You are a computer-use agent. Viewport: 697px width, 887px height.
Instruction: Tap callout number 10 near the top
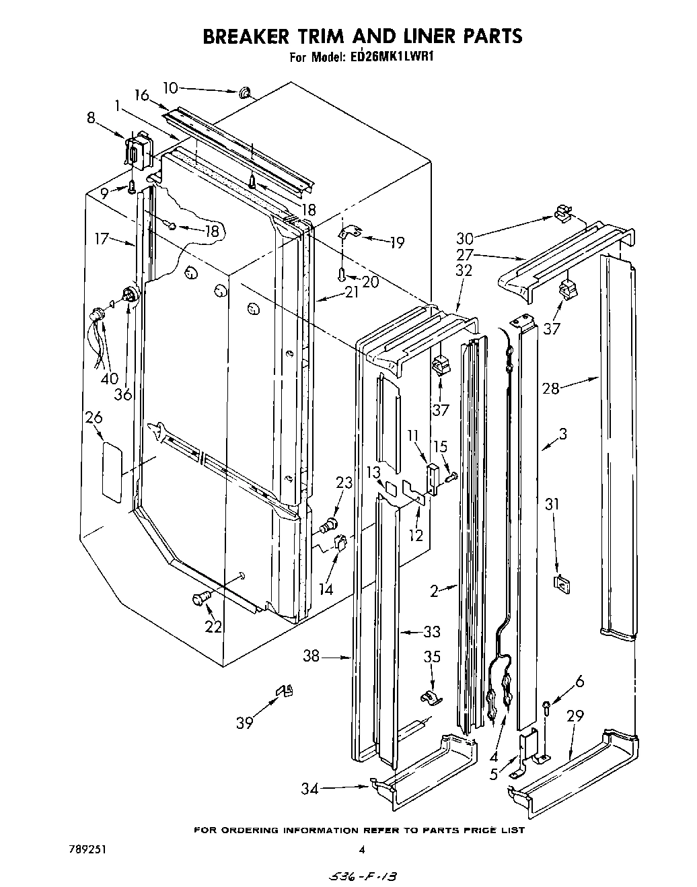tap(171, 87)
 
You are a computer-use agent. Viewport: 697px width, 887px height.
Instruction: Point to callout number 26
tap(94, 418)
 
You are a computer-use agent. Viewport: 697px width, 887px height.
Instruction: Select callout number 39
tap(244, 723)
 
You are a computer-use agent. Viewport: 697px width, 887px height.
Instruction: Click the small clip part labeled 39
tap(286, 690)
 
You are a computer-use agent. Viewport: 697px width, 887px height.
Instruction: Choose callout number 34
tap(309, 788)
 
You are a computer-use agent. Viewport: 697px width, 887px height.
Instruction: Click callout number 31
tap(552, 503)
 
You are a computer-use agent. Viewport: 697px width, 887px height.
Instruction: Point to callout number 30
tap(465, 238)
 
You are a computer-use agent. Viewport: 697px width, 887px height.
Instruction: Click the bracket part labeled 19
tap(350, 233)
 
